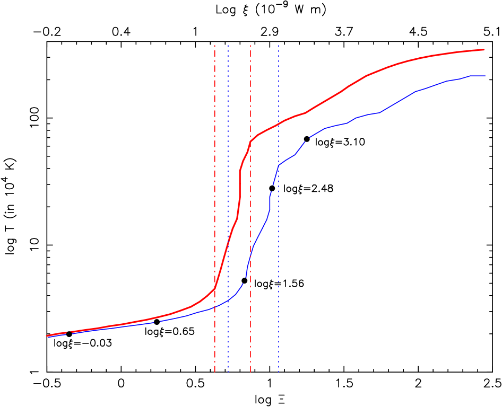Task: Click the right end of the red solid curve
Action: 484,49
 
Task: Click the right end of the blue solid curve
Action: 485,76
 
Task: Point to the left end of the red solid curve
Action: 47,335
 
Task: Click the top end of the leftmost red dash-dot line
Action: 214,45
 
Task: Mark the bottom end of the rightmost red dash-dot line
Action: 250,373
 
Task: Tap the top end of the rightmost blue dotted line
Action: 278,45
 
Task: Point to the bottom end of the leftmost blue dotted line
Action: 228,373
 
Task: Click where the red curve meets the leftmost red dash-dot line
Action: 214,289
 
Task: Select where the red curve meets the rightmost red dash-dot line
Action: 250,141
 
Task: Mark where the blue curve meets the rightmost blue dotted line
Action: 278,166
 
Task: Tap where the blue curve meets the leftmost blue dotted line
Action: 228,300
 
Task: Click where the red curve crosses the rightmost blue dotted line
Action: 278,125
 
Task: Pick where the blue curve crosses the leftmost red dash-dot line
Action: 214,307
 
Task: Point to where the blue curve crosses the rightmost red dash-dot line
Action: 250,253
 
